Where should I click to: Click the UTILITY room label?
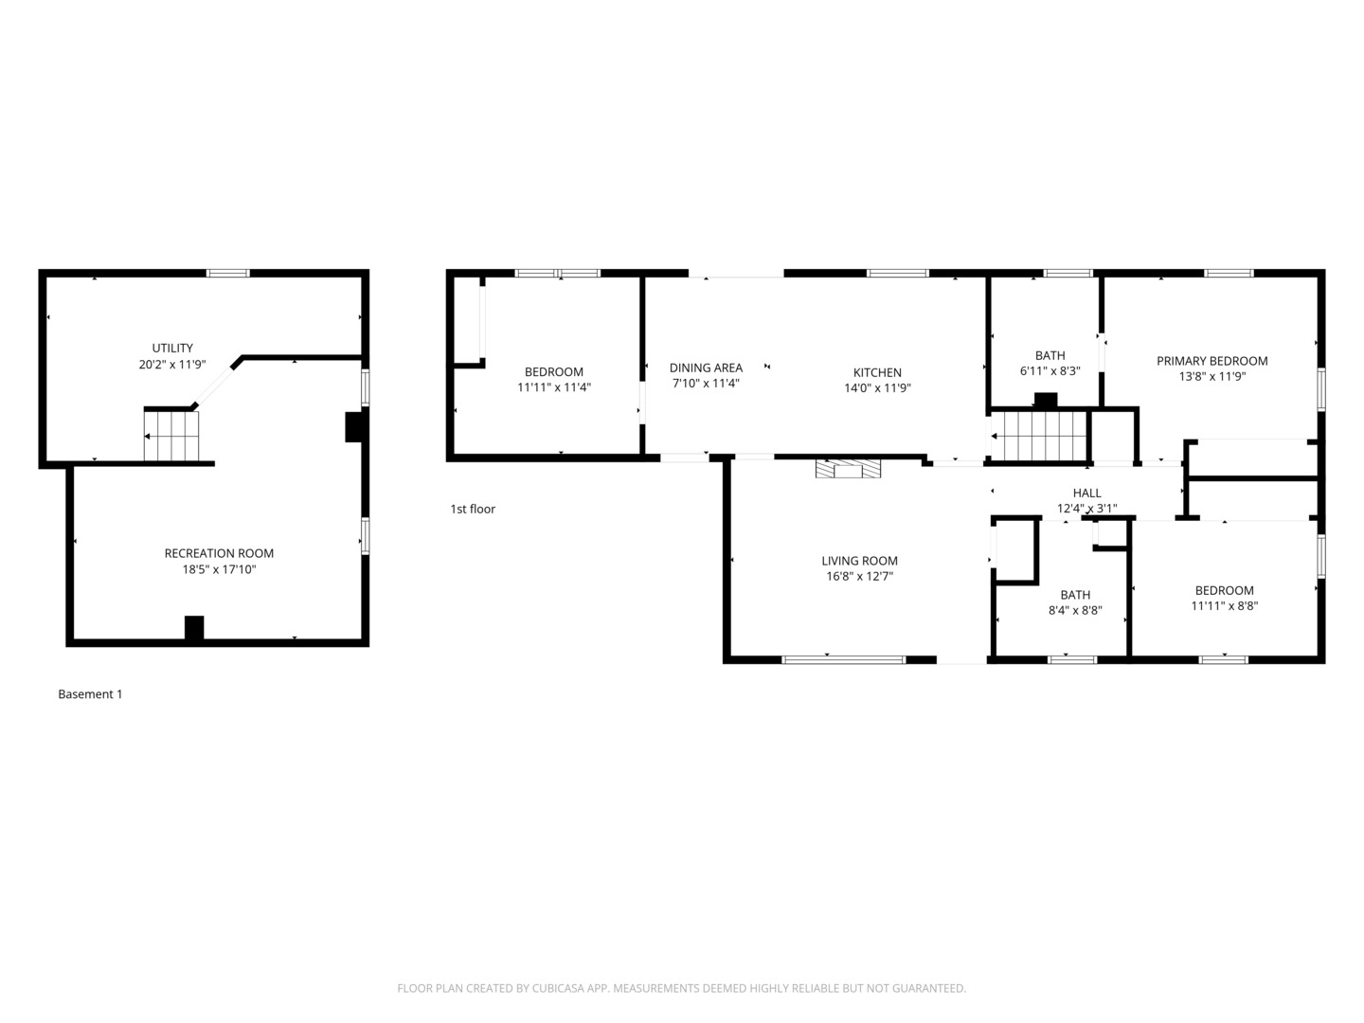(172, 348)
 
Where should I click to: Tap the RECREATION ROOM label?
(219, 553)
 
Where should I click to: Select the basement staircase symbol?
(171, 436)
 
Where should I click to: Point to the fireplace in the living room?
(848, 468)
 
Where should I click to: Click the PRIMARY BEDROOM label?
(1211, 361)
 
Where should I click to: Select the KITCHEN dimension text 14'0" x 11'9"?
(877, 387)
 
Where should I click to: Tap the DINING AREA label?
(706, 368)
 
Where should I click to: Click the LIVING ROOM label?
(859, 561)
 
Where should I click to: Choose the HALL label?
(1086, 493)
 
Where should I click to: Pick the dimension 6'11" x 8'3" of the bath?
(1050, 371)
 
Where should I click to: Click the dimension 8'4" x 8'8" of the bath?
(1075, 611)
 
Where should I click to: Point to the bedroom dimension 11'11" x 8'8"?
(1224, 606)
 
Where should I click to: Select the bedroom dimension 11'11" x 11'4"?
(554, 387)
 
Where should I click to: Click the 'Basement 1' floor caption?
(90, 694)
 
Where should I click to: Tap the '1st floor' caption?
(473, 510)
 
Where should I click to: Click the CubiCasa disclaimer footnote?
(681, 988)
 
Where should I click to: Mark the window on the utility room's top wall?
(228, 273)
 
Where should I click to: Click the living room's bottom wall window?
(843, 659)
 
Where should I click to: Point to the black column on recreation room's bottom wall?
(194, 628)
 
